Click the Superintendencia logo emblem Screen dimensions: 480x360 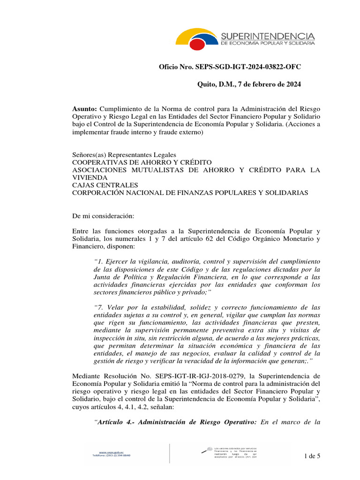click(197, 38)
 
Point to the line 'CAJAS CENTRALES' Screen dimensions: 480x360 click(105, 185)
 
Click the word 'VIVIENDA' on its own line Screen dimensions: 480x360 click(90, 178)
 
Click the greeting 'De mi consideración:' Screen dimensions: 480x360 click(103, 216)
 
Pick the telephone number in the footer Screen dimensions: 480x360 click(111, 456)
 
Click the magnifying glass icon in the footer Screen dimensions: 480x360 click(205, 450)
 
